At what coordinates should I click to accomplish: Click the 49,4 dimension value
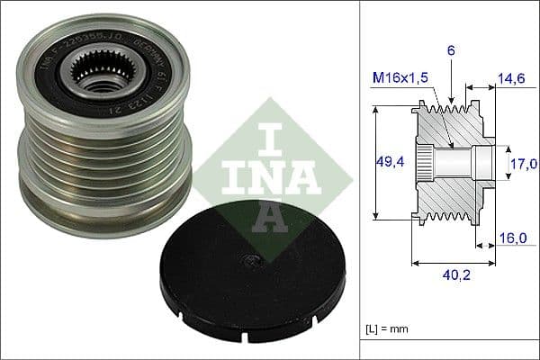click(389, 162)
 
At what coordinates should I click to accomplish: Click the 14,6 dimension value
click(511, 79)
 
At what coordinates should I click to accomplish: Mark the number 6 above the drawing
click(451, 52)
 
